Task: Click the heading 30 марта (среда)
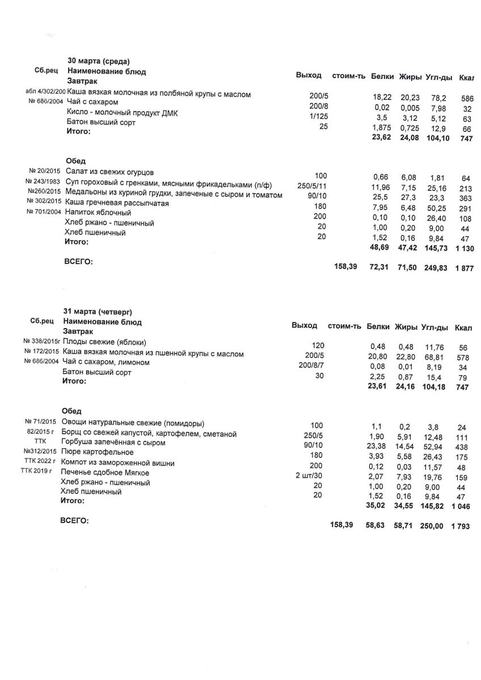pyautogui.click(x=99, y=61)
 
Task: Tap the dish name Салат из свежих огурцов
pyautogui.click(x=109, y=172)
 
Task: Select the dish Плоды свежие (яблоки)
pyautogui.click(x=104, y=342)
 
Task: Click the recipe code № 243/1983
pyautogui.click(x=45, y=181)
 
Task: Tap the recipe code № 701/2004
pyautogui.click(x=45, y=212)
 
